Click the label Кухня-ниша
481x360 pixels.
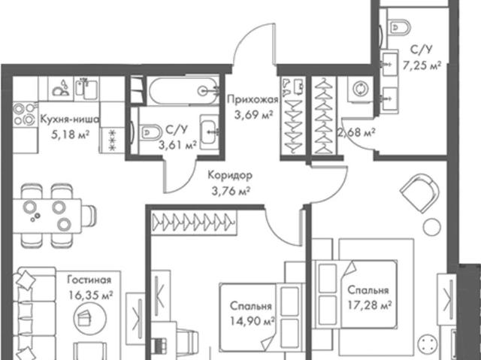click(70, 119)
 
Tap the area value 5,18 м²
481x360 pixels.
click(70, 135)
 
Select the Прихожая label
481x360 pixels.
click(253, 100)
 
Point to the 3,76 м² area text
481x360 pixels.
click(231, 192)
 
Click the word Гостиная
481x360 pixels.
click(89, 280)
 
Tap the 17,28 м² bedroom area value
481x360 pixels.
click(370, 305)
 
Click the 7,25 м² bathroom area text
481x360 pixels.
click(422, 65)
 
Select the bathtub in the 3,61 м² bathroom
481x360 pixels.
click(183, 90)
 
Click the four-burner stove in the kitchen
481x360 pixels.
click(25, 115)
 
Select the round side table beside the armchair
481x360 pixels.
click(432, 227)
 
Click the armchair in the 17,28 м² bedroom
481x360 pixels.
click(419, 193)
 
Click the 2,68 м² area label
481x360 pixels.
click(357, 133)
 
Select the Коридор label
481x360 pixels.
click(231, 176)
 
